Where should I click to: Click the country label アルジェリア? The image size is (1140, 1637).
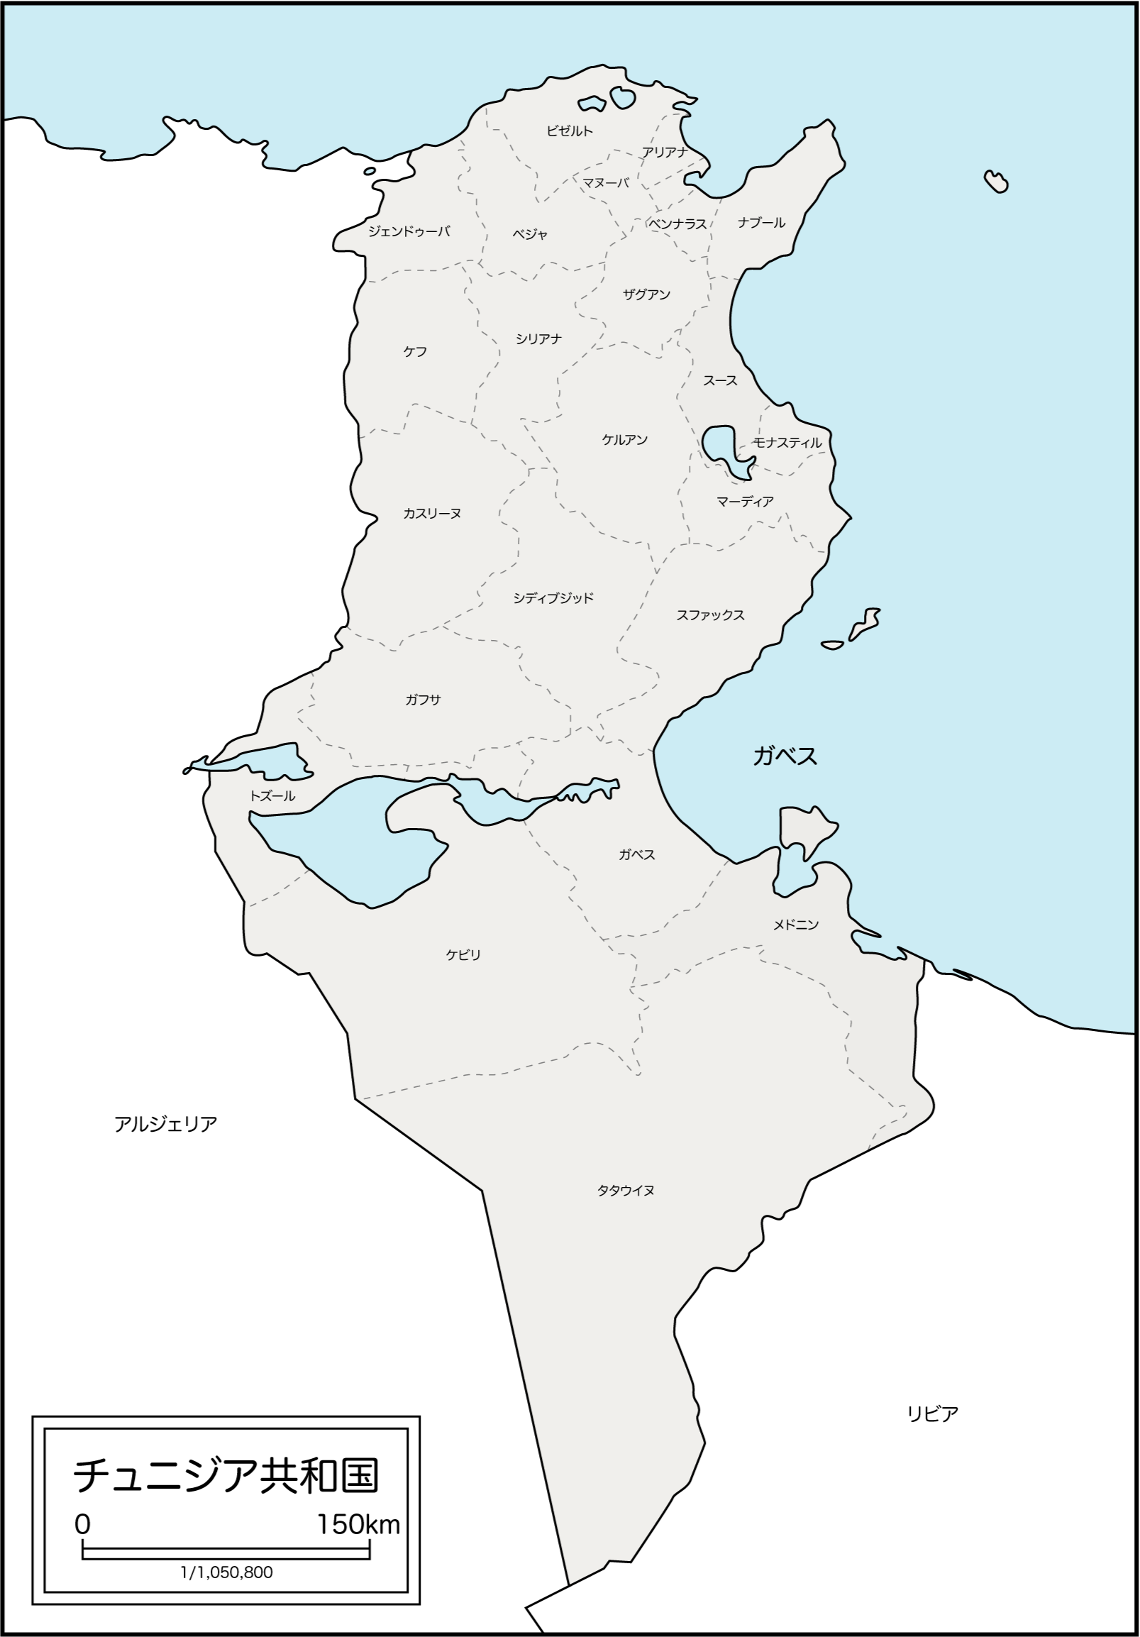click(165, 1125)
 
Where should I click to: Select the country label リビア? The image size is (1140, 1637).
click(932, 1414)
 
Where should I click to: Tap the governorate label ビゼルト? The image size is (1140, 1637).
click(569, 131)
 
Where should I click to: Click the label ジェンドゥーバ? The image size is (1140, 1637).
click(409, 232)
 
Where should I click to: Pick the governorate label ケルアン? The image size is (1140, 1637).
click(624, 440)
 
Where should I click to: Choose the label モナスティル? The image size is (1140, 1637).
click(787, 443)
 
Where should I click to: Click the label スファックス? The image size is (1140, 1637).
click(710, 615)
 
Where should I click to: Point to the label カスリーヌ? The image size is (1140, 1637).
click(432, 513)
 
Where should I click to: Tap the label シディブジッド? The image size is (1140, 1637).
click(553, 598)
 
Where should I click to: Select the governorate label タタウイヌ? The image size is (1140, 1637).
click(626, 1190)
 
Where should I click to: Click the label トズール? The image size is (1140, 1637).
click(272, 796)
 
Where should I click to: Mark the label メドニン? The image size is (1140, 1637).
click(796, 925)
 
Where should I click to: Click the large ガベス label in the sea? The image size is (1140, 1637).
click(785, 756)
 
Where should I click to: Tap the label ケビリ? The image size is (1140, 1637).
click(463, 954)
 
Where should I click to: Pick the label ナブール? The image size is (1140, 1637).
click(761, 223)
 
